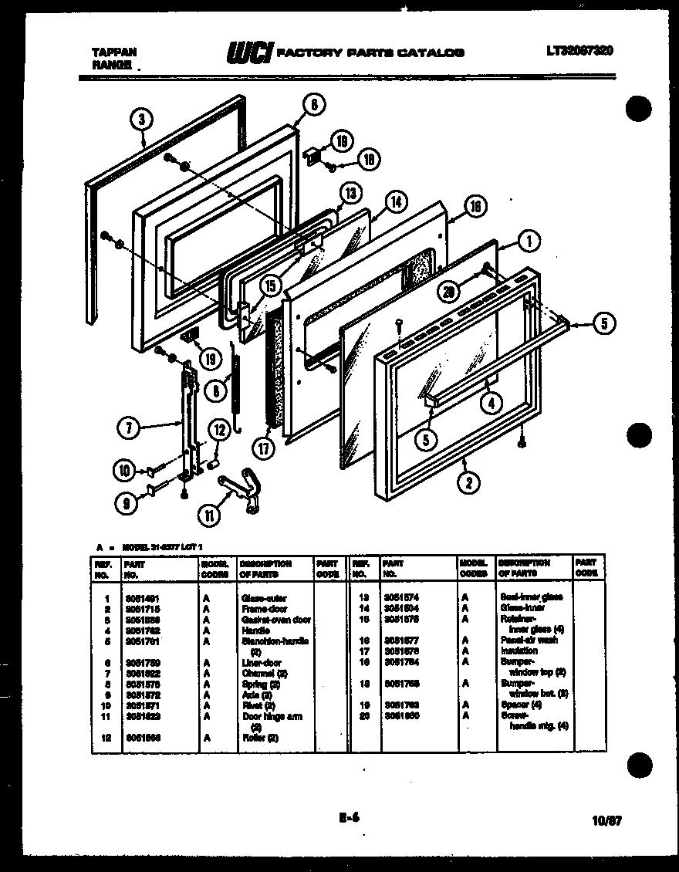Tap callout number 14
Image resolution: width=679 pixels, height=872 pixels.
pyautogui.click(x=395, y=203)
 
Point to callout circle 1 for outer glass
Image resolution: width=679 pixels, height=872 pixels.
pyautogui.click(x=529, y=243)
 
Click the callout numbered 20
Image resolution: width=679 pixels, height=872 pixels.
pyautogui.click(x=450, y=292)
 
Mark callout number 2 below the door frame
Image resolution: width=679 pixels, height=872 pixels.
pyautogui.click(x=468, y=484)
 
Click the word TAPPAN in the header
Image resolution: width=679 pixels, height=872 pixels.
pyautogui.click(x=115, y=52)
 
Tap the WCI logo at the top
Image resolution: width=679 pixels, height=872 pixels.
pyautogui.click(x=248, y=52)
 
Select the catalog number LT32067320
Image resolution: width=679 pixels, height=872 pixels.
pyautogui.click(x=579, y=51)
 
